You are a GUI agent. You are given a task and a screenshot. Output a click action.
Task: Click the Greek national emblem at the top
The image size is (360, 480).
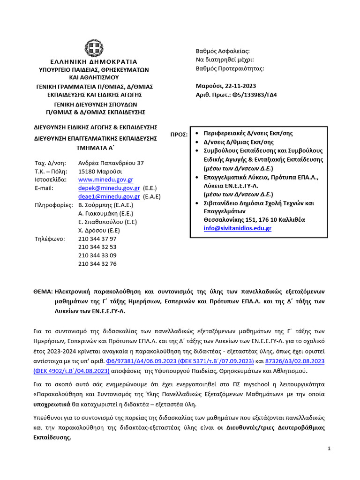point(93,47)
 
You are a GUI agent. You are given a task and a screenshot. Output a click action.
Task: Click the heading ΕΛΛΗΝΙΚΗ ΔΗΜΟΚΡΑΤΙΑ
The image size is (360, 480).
point(94,61)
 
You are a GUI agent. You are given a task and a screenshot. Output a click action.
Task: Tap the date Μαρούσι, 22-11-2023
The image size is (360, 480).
point(225,86)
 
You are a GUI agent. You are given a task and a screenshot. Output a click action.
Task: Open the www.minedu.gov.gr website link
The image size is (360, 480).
point(105,180)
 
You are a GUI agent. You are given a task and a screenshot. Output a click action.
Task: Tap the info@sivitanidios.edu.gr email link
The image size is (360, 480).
point(237,228)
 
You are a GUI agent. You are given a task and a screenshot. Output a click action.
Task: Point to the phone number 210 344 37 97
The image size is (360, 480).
point(97,239)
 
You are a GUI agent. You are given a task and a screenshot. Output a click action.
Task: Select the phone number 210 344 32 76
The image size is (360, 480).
point(97,264)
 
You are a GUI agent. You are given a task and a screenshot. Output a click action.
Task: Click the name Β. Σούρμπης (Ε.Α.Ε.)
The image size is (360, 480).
point(105,205)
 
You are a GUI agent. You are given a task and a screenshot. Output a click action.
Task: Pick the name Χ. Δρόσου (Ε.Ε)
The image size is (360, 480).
point(99,230)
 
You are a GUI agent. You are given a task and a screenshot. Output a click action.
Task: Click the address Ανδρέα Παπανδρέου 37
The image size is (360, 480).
point(111,163)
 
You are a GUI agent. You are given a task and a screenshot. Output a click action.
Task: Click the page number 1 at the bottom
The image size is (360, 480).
point(330,449)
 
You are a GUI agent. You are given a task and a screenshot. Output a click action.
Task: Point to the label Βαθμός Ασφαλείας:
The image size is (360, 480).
point(223,51)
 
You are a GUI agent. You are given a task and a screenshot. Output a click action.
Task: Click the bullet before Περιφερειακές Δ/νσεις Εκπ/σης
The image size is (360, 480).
point(198,133)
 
